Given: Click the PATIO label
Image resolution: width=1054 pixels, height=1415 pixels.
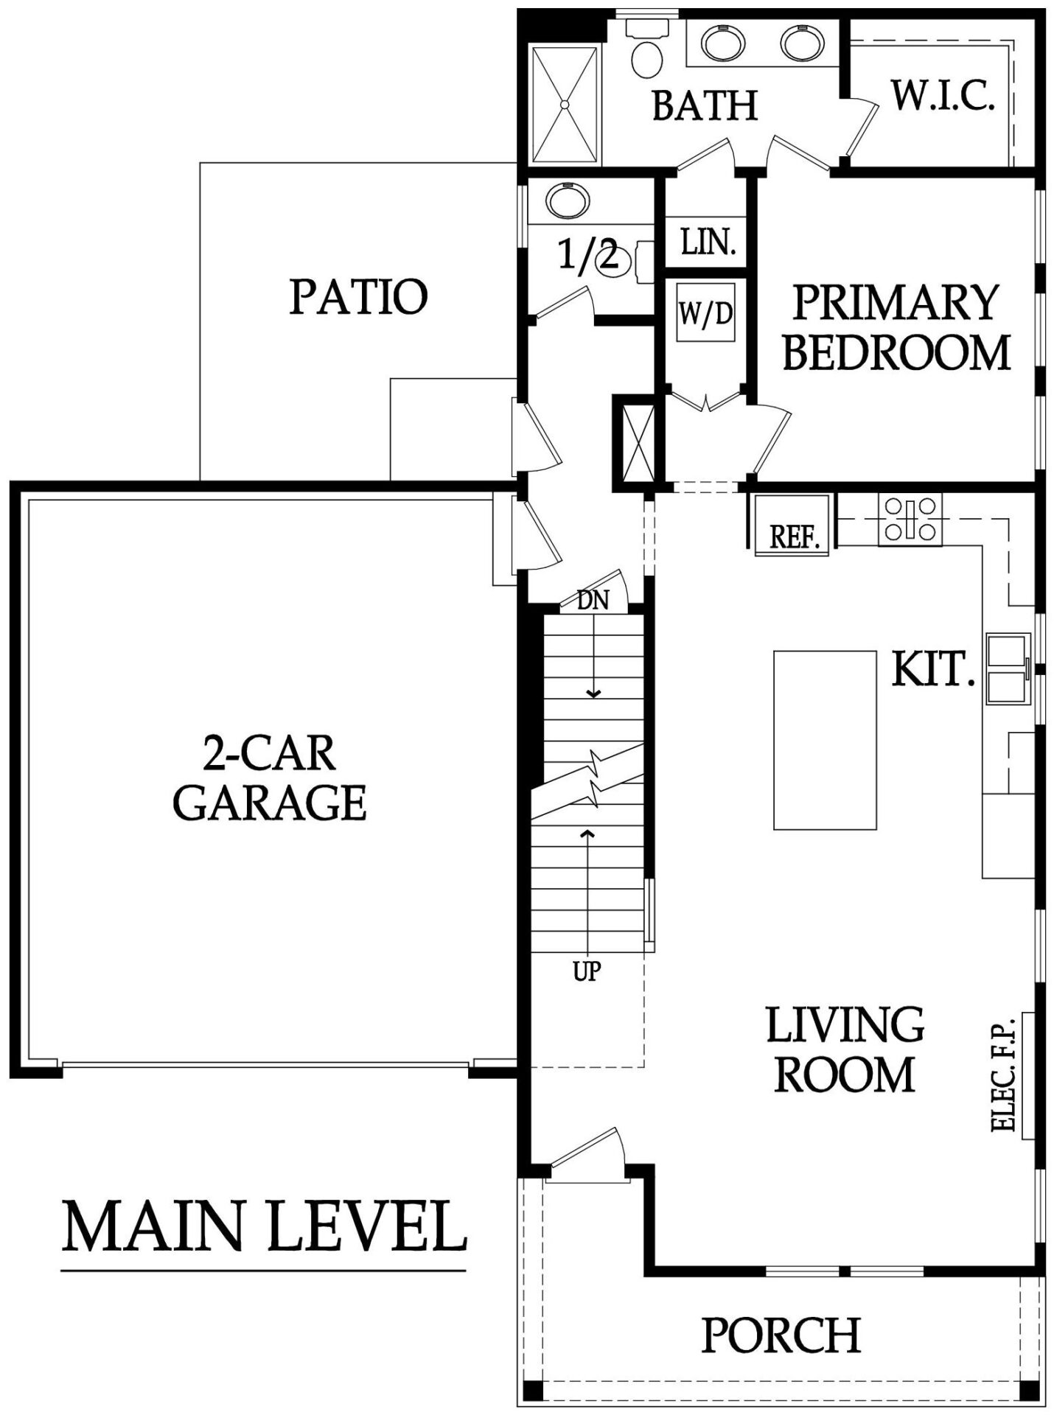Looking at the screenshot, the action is point(358,296).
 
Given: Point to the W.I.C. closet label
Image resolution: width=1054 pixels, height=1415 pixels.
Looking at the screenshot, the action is point(943,95).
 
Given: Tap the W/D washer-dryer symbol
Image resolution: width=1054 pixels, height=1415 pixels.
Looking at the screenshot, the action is point(706,312).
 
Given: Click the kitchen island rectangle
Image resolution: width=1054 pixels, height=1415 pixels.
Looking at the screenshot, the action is point(825,739).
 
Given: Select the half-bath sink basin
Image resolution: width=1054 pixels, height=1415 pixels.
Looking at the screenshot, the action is point(567,200).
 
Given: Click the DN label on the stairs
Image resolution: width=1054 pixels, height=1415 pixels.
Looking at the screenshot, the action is point(593,601).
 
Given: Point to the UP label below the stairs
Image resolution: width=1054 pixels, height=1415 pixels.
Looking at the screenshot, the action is point(587,972).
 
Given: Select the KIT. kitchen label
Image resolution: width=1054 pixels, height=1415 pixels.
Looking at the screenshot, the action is point(933,670).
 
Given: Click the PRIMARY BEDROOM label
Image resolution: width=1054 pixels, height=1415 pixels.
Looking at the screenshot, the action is point(896,326).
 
